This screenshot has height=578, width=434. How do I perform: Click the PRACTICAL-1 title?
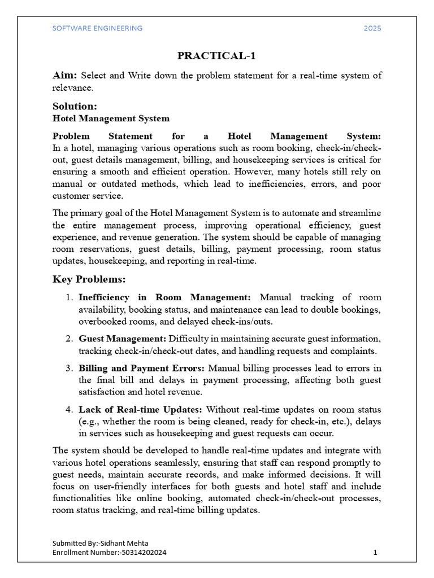(216, 55)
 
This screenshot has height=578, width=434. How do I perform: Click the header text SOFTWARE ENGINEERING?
(97, 28)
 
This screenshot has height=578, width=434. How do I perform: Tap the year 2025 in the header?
(372, 28)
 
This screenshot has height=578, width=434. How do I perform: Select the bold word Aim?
(66, 76)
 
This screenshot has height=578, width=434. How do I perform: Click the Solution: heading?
(75, 106)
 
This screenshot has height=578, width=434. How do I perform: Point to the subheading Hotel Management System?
(111, 119)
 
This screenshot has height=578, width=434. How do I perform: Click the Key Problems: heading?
(89, 279)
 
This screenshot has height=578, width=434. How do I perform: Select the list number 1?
(68, 297)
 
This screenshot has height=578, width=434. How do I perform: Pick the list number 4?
(68, 409)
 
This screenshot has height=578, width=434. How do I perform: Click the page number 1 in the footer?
(375, 553)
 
